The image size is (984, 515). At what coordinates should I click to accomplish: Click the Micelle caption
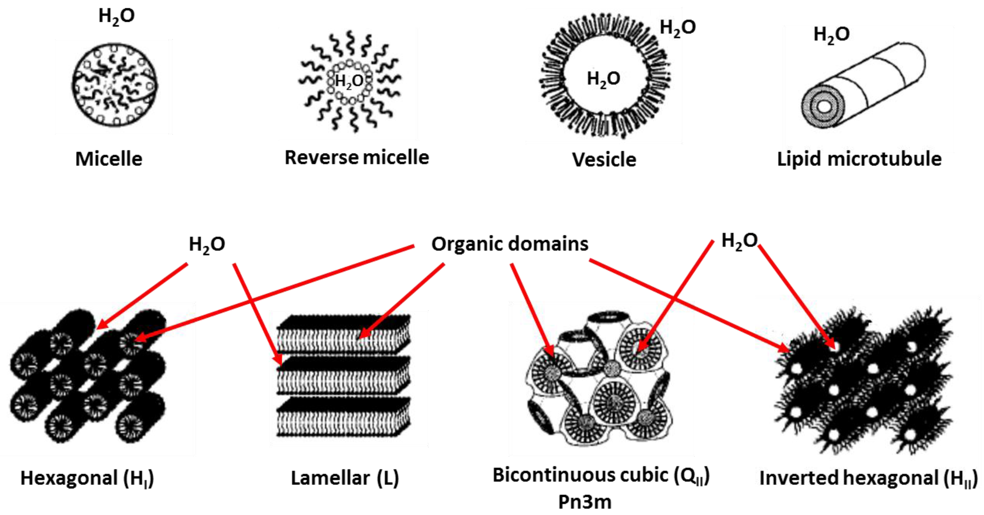(109, 159)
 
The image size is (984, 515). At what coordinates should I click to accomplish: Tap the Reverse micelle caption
(357, 157)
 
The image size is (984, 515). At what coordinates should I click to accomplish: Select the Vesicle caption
(604, 160)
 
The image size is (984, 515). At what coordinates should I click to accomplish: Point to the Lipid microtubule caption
(859, 159)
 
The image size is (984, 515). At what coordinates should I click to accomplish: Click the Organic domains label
(509, 244)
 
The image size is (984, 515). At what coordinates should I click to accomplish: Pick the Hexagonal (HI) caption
(87, 478)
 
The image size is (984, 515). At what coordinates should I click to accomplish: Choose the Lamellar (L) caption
(344, 478)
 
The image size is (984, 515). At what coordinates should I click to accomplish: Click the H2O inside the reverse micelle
(349, 81)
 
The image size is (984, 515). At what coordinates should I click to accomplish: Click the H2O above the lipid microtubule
(832, 35)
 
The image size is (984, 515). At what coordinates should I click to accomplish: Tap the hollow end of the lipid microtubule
(824, 107)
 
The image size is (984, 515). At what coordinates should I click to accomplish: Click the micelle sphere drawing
(115, 85)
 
